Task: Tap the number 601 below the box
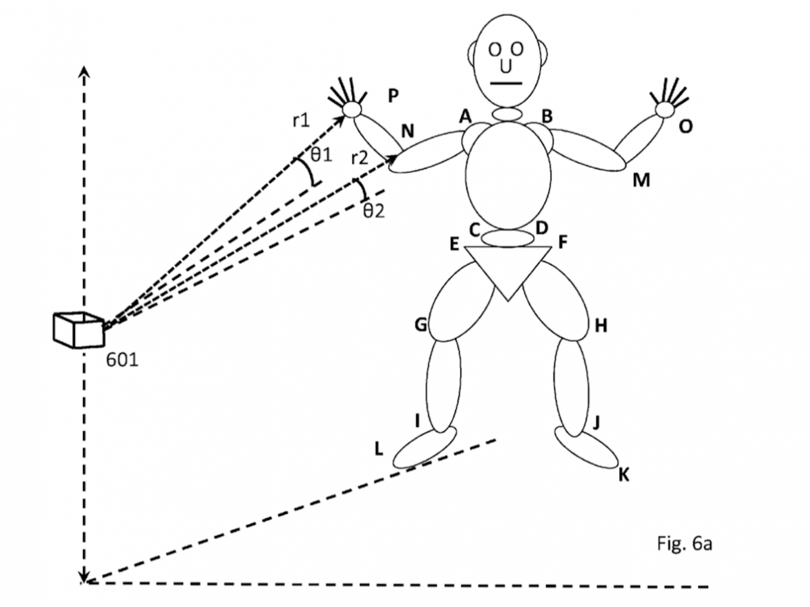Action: click(123, 359)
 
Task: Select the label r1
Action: click(301, 121)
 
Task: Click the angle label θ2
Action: click(374, 210)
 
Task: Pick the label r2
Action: click(360, 159)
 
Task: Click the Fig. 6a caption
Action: click(684, 544)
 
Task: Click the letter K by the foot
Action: click(624, 475)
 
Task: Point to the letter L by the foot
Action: click(379, 449)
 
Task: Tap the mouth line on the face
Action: click(507, 84)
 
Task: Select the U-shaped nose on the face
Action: click(506, 66)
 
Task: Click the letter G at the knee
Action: click(421, 326)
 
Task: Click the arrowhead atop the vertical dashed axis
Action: click(84, 73)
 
